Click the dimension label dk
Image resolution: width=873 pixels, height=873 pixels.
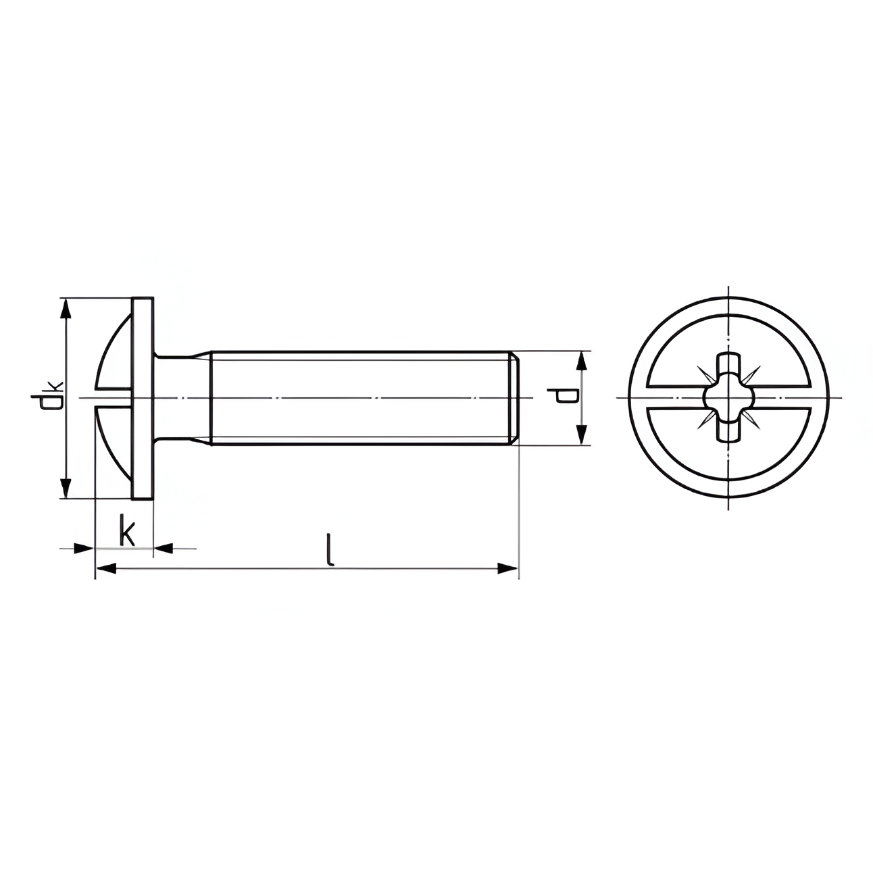[47, 395]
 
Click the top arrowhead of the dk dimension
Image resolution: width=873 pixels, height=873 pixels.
[66, 310]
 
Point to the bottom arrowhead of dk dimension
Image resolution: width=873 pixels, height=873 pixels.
[66, 487]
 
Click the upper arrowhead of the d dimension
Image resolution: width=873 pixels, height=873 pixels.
[582, 362]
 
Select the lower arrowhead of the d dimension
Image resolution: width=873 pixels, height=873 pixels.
[582, 434]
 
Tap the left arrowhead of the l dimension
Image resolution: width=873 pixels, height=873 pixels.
[107, 568]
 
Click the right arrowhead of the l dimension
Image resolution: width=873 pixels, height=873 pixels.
[507, 568]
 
